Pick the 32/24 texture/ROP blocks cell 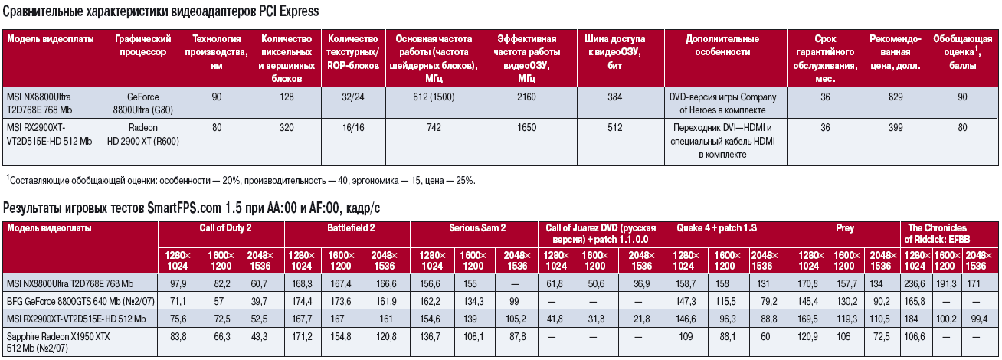[x=352, y=97]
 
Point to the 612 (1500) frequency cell [x=433, y=97]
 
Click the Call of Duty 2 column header [x=221, y=228]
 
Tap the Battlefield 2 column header [x=347, y=228]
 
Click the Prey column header [x=845, y=228]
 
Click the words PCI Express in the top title [x=284, y=12]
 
